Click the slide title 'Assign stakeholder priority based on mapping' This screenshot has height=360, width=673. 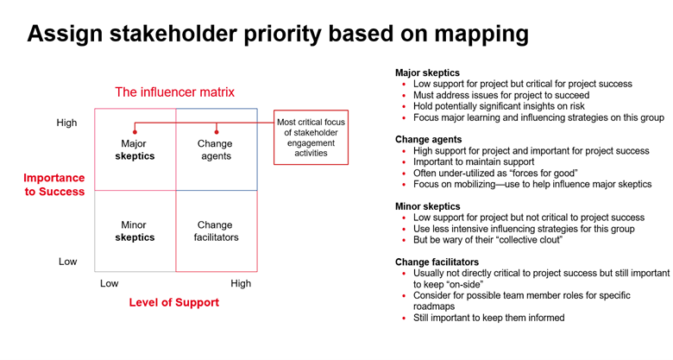[x=278, y=34]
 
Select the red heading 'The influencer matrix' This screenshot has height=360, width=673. [x=174, y=92]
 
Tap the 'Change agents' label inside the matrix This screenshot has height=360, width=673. [x=215, y=150]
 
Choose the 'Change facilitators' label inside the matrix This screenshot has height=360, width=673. [x=216, y=231]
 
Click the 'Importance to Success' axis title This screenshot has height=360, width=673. [x=54, y=184]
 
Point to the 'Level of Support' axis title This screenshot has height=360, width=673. [x=173, y=302]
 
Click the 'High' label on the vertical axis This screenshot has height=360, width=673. [x=66, y=123]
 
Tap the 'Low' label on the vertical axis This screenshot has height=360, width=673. [x=67, y=261]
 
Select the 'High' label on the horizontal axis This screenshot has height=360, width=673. [x=241, y=283]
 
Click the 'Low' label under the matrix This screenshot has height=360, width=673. [x=110, y=283]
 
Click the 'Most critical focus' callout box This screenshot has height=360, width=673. [x=311, y=136]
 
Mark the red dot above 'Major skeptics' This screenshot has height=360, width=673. [x=135, y=132]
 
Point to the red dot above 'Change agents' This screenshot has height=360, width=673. [x=217, y=132]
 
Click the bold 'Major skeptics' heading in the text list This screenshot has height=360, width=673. [x=427, y=73]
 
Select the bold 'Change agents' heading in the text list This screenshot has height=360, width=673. [x=428, y=139]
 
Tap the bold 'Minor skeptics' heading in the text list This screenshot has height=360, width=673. [x=427, y=206]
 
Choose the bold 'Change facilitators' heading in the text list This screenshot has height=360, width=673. [x=436, y=262]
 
